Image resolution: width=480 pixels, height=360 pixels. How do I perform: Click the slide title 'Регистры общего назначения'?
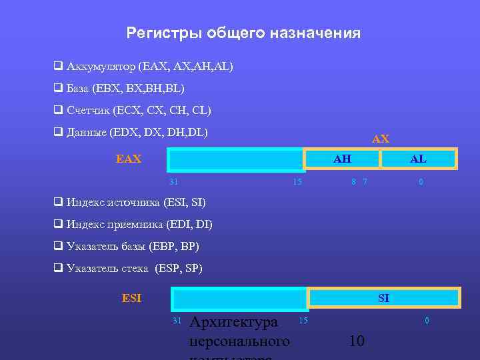(x=243, y=33)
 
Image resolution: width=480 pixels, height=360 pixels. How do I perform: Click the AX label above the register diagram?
(x=381, y=139)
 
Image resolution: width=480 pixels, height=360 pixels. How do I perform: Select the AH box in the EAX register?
(x=342, y=159)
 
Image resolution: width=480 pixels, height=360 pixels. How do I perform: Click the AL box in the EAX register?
(x=419, y=159)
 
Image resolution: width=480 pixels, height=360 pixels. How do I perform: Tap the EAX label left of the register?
(x=129, y=159)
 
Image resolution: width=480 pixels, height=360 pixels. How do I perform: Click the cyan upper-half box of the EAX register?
(x=236, y=160)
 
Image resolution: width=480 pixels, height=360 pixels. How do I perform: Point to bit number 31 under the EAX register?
(x=173, y=181)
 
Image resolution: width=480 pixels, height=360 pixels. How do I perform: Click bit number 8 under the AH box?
(x=353, y=181)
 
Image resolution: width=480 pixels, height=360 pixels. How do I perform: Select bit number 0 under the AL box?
(x=420, y=181)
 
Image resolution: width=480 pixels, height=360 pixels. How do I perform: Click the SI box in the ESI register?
(x=384, y=298)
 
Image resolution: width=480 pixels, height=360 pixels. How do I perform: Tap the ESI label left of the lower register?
(x=131, y=298)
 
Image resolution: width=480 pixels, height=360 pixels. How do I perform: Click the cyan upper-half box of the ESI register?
(x=240, y=298)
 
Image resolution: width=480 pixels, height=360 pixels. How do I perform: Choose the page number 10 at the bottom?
(x=357, y=341)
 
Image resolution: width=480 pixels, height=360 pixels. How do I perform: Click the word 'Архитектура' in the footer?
(x=233, y=323)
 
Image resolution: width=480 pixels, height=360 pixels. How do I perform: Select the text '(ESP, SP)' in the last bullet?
(x=178, y=269)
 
